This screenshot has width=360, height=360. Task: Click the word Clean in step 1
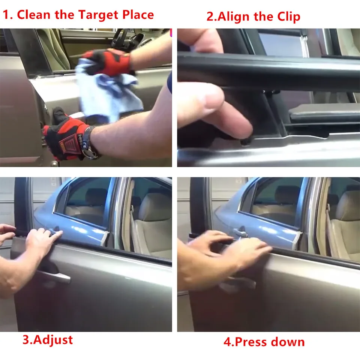(x=33, y=15)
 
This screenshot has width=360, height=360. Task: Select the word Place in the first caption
(x=138, y=15)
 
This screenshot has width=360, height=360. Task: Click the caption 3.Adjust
(x=48, y=340)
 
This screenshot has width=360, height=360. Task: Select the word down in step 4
(x=288, y=342)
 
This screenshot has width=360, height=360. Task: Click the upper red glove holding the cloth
(x=108, y=62)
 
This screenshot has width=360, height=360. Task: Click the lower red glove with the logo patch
(x=67, y=138)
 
